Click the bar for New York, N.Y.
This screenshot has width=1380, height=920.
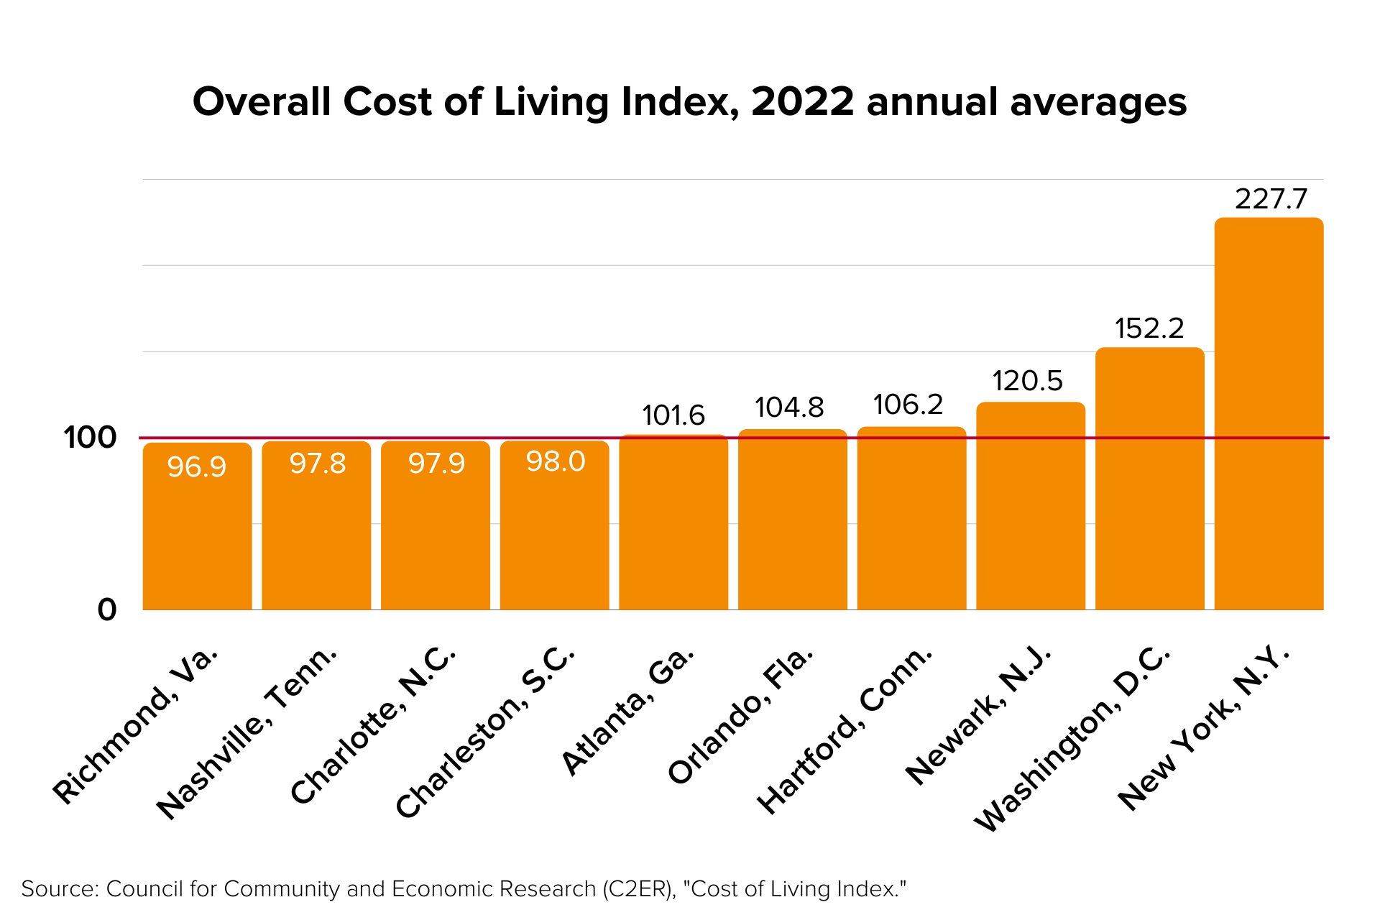tap(1269, 413)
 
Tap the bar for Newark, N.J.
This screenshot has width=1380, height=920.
tap(1030, 507)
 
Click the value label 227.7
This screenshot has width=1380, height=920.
tap(1271, 199)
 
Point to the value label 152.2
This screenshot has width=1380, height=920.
tap(1149, 328)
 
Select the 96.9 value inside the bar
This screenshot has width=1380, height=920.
tap(197, 467)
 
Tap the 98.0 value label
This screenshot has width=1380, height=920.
tap(556, 461)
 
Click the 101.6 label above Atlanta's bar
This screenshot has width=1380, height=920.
tap(673, 415)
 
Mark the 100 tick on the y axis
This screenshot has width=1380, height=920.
tap(90, 438)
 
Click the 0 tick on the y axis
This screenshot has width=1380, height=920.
tap(106, 609)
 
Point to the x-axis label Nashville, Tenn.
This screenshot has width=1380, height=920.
tap(247, 733)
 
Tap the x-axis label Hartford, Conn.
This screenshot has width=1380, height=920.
tap(845, 730)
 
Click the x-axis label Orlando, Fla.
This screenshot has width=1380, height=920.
tap(741, 715)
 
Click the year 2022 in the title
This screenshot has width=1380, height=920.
tap(802, 102)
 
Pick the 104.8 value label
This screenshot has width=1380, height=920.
tap(789, 408)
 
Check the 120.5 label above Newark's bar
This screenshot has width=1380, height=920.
tap(1027, 381)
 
